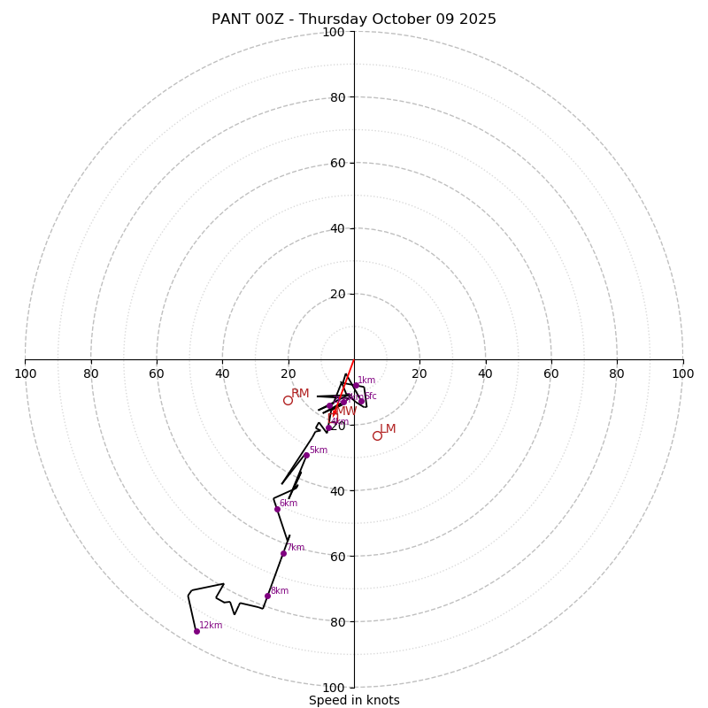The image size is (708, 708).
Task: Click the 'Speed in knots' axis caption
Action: [354, 700]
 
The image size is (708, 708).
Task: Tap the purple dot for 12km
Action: [196, 631]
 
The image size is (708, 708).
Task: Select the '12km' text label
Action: [211, 625]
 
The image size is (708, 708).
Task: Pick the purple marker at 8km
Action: [267, 596]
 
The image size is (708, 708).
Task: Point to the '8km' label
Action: [280, 590]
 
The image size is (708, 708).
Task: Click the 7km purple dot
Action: [283, 553]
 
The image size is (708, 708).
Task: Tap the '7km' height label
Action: [296, 547]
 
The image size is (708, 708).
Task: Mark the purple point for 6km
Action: [277, 509]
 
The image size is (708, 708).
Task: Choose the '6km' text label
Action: [289, 503]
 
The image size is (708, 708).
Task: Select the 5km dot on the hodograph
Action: [306, 455]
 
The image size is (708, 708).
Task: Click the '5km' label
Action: [319, 450]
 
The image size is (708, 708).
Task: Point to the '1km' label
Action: [366, 380]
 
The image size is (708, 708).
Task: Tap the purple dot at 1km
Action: [356, 385]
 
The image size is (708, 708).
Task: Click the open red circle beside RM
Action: [288, 400]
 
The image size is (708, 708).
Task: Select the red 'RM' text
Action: [300, 393]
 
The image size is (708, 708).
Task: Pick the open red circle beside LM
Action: [377, 435]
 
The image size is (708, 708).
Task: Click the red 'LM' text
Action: [388, 428]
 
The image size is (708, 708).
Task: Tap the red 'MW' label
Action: [346, 411]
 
